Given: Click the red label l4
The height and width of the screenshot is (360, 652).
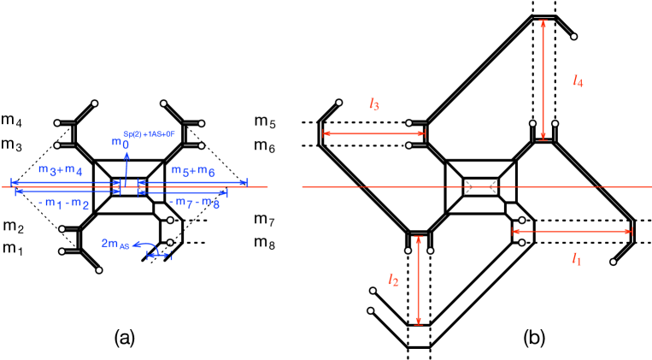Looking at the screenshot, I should click(x=578, y=81).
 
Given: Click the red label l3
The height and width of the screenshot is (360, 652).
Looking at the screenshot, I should click(x=373, y=104).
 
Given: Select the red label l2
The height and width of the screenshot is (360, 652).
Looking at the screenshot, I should click(x=393, y=280).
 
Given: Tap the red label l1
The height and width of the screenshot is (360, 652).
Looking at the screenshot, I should click(x=577, y=259).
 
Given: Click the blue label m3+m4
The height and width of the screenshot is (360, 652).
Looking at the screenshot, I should click(x=60, y=170).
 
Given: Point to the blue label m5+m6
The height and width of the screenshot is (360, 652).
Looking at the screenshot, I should click(x=193, y=171).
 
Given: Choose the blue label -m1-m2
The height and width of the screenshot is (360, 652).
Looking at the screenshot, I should click(x=64, y=204).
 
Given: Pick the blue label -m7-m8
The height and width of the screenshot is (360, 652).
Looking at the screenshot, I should click(x=194, y=203).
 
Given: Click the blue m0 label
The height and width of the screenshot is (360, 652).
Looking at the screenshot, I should click(x=120, y=143).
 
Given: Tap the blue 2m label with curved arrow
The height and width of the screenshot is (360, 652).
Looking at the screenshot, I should click(x=115, y=244).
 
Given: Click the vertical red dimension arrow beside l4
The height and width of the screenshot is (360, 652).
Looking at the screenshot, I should click(x=543, y=80).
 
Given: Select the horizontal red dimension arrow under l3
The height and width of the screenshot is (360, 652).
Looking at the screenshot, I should click(x=373, y=133).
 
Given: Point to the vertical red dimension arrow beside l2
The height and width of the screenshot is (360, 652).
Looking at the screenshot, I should click(x=418, y=280).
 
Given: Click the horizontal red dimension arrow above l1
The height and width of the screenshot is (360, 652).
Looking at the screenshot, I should click(x=572, y=232).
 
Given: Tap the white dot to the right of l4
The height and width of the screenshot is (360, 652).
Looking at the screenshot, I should click(x=573, y=37).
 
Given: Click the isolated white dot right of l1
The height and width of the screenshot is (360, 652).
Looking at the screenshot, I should click(x=613, y=262).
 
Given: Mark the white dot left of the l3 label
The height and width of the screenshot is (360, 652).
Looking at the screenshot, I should click(x=338, y=103).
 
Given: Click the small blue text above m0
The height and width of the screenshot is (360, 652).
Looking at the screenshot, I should click(x=149, y=134).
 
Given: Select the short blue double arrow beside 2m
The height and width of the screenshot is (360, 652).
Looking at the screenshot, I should click(x=158, y=255).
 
